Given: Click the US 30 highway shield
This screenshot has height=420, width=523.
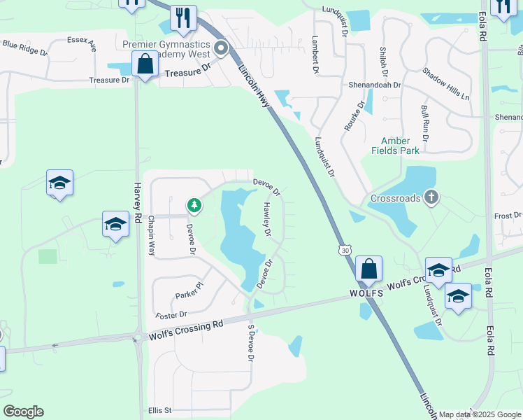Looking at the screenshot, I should pos(343,251).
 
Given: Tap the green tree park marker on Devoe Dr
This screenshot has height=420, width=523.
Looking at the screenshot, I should pos(194,205).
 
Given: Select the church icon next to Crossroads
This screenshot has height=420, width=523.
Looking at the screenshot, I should pos(431,198).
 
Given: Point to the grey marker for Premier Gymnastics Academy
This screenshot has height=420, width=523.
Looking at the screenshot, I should pos(222,48).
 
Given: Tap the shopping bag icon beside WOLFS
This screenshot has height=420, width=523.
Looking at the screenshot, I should pos(368,269).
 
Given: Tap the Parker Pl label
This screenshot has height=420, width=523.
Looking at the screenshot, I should pos(189,286).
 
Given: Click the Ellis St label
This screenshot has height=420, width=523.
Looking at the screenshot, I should pos(160,410).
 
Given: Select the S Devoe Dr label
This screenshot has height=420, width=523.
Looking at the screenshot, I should pos(250,343).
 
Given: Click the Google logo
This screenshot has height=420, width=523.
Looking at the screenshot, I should pos(23,412).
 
